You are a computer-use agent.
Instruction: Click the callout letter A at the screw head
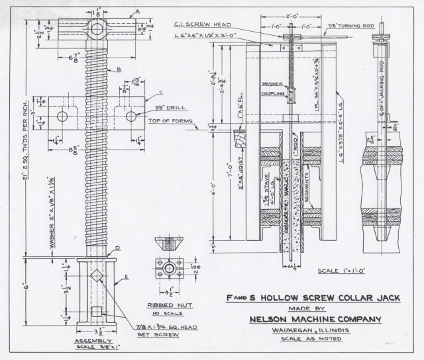click(x=136, y=11)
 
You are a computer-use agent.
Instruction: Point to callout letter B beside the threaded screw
click(x=119, y=69)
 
